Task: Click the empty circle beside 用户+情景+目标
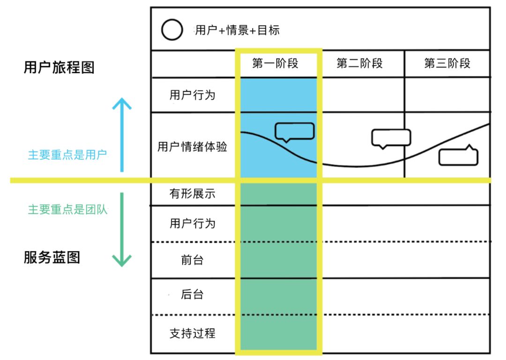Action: pos(172,30)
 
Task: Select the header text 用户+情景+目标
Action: pos(237,30)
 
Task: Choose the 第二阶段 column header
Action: pos(359,63)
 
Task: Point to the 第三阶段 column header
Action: pos(447,63)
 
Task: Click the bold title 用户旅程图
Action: pos(59,67)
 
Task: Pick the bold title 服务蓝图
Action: pos(52,257)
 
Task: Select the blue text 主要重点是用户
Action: pos(67,154)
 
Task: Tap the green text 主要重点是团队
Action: pos(67,209)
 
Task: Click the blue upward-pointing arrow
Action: pos(122,134)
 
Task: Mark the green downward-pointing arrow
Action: pos(122,230)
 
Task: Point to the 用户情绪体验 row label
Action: pos(192,147)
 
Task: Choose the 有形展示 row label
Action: pos(192,193)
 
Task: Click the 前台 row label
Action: pos(192,260)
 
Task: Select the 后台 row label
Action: pos(192,295)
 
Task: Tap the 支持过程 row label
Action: pos(192,334)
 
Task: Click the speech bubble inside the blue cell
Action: pos(294,131)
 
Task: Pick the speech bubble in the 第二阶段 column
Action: pos(391,138)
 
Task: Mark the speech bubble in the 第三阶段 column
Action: pos(458,157)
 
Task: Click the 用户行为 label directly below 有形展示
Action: pos(192,223)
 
